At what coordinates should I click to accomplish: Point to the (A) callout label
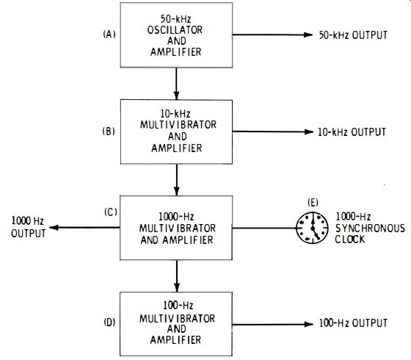coord(109,35)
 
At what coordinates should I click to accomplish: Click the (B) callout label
coord(109,131)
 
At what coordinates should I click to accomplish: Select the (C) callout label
coord(111,212)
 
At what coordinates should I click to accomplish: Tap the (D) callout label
coord(109,323)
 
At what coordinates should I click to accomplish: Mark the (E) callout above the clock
coord(313,203)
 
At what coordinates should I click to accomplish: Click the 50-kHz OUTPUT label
coord(353,35)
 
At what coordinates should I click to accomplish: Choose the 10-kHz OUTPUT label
coord(352,132)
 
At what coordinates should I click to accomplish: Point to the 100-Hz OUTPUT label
coord(353,323)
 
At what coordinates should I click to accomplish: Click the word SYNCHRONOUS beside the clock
coord(370,228)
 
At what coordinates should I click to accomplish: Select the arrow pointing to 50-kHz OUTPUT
coord(272,35)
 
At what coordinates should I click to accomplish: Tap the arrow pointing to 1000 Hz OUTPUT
coord(84,228)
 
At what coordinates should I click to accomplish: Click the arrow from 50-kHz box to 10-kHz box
coord(176,84)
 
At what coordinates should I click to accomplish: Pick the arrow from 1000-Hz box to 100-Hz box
coord(177,276)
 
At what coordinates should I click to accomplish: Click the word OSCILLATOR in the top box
coord(175,30)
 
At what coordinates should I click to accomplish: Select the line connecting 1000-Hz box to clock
coord(264,228)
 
